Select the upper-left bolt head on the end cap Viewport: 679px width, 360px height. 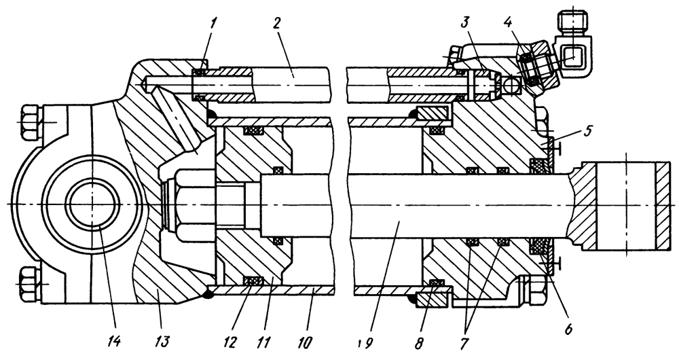coord(31,122)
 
